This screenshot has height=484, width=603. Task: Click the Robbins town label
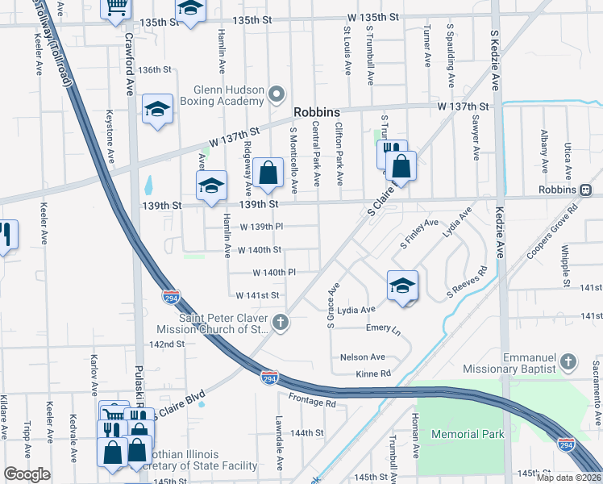(317, 113)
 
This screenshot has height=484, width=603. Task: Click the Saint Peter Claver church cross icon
(281, 323)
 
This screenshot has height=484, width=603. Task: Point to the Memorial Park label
(468, 434)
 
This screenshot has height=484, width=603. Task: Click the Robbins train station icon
(586, 190)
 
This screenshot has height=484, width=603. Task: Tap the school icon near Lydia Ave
(402, 286)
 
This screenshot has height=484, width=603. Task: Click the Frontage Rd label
(311, 401)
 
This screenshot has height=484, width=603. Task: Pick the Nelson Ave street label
(363, 357)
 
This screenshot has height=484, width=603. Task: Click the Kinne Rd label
(373, 373)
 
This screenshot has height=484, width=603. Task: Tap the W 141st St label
(257, 296)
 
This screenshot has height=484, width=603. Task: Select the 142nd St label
(167, 344)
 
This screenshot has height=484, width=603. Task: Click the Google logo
(27, 474)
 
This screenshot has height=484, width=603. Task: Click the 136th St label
(155, 69)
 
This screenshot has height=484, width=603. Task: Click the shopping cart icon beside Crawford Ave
(116, 6)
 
